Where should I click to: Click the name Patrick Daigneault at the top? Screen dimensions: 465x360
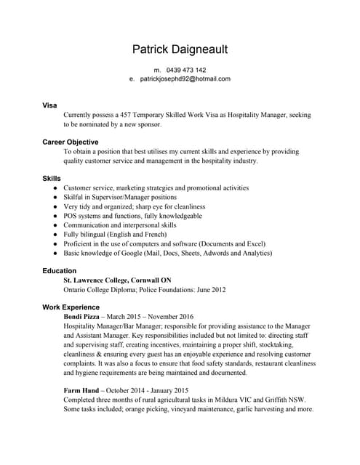(x=180, y=49)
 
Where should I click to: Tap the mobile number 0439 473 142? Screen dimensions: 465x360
(x=185, y=70)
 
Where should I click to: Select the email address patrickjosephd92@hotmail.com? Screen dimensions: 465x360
(x=185, y=79)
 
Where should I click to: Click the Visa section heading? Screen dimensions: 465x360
(x=49, y=106)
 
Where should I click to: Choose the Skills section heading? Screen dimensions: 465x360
(x=52, y=178)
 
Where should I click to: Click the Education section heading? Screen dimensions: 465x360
(x=60, y=271)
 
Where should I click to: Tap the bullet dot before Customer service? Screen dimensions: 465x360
(x=55, y=188)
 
